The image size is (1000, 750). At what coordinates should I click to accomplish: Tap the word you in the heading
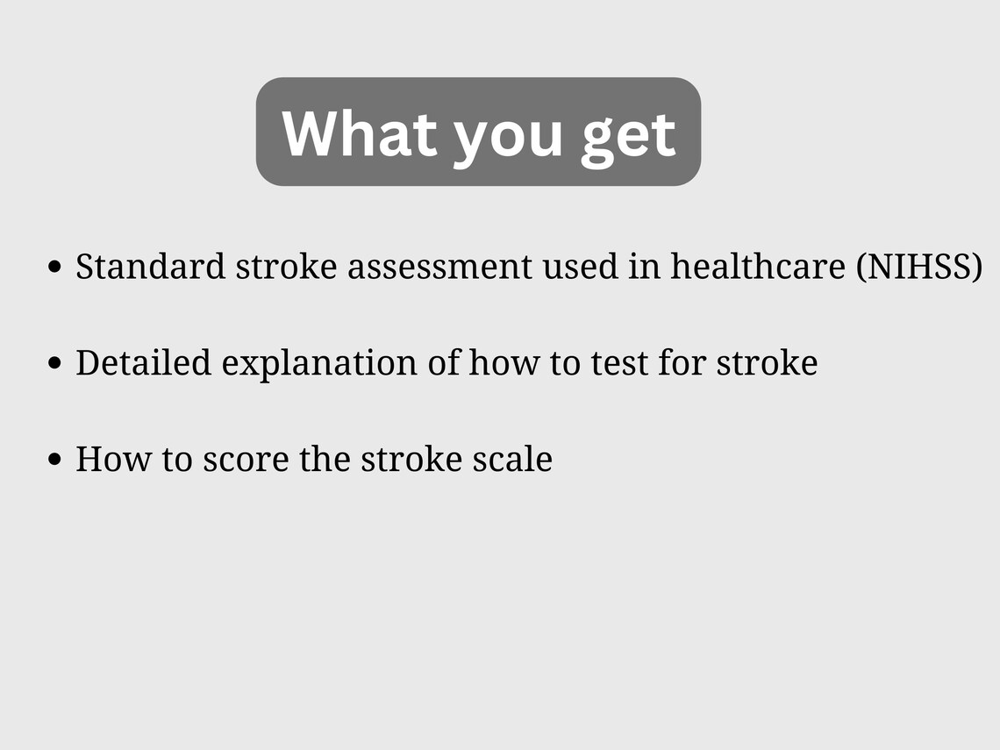[507, 136]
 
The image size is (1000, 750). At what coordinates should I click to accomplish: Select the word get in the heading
[628, 136]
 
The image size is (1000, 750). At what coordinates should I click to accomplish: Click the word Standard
[150, 267]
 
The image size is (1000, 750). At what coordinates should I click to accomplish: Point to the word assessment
[439, 267]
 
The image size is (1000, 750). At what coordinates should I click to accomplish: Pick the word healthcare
[759, 267]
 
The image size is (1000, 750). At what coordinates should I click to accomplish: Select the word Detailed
[143, 362]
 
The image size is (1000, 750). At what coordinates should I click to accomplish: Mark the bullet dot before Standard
[56, 268]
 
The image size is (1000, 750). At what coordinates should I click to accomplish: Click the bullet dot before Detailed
[56, 363]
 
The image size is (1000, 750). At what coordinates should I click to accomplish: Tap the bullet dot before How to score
[56, 459]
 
